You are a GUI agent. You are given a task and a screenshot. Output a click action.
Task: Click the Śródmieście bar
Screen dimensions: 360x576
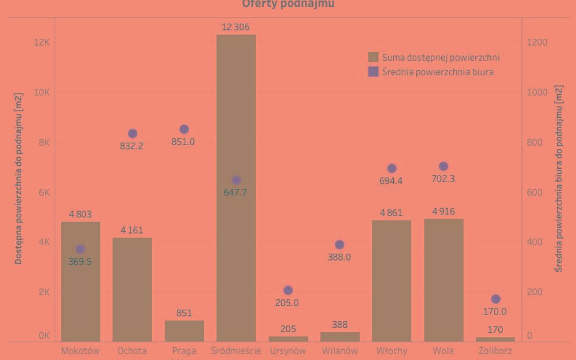pyautogui.click(x=236, y=188)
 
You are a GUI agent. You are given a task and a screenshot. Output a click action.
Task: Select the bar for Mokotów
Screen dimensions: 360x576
pyautogui.click(x=80, y=282)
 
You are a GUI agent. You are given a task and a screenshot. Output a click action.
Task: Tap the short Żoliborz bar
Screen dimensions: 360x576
pyautogui.click(x=495, y=339)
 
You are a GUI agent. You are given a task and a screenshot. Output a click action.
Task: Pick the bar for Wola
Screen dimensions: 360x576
pyautogui.click(x=444, y=280)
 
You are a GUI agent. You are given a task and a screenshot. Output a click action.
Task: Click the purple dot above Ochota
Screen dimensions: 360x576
pyautogui.click(x=132, y=134)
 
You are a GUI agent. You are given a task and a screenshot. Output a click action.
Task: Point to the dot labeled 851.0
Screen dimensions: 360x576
pyautogui.click(x=184, y=129)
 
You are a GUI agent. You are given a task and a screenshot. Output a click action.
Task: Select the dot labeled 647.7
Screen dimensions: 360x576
pyautogui.click(x=236, y=180)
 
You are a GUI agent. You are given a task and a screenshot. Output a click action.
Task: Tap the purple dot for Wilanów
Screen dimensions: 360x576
pyautogui.click(x=340, y=245)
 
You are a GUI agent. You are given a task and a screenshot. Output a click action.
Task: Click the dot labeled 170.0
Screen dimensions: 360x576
pyautogui.click(x=495, y=299)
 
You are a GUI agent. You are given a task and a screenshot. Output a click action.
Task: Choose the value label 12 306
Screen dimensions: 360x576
pyautogui.click(x=236, y=27)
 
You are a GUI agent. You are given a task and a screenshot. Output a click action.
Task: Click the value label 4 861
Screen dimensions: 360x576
pyautogui.click(x=391, y=213)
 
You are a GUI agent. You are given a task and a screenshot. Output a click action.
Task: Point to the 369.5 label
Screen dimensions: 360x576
pyautogui.click(x=80, y=262)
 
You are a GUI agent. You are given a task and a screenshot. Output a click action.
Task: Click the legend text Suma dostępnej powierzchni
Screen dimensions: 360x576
pyautogui.click(x=441, y=58)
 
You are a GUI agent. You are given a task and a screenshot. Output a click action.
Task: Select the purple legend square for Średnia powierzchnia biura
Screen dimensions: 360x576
pyautogui.click(x=374, y=72)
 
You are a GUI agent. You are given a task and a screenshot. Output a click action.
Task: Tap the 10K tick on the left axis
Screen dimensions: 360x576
pyautogui.click(x=41, y=92)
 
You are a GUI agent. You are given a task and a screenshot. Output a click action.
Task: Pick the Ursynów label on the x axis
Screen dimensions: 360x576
pyautogui.click(x=288, y=351)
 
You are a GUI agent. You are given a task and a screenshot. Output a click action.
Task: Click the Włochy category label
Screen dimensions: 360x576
pyautogui.click(x=391, y=351)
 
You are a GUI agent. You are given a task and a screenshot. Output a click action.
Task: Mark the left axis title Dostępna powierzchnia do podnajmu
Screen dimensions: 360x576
pyautogui.click(x=19, y=179)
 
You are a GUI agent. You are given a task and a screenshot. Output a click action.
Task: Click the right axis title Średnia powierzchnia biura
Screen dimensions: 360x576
pyautogui.click(x=558, y=179)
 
